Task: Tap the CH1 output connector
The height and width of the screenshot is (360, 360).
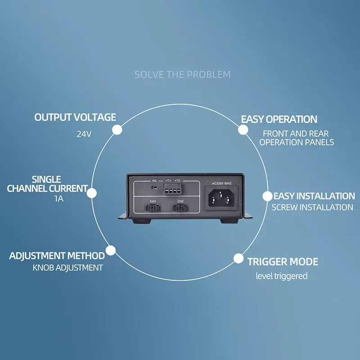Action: (x=153, y=208)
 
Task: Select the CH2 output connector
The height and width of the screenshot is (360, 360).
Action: (x=180, y=208)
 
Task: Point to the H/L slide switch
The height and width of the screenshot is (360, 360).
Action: (x=154, y=185)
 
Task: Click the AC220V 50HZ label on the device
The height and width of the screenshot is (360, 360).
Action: (x=221, y=183)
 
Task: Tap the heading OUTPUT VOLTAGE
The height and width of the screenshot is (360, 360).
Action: (x=75, y=117)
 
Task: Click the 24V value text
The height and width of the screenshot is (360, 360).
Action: (x=84, y=134)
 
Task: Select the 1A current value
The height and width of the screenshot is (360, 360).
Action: (x=58, y=198)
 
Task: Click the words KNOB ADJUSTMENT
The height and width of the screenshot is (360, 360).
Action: (x=67, y=268)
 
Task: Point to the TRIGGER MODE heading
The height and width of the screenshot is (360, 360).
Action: (x=283, y=261)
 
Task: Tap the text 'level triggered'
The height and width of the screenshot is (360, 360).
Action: (x=282, y=276)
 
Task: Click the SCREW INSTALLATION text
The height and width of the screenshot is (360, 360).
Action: (x=312, y=207)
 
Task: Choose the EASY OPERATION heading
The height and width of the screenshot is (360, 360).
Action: (x=279, y=119)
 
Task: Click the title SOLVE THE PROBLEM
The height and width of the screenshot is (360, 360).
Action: (x=182, y=74)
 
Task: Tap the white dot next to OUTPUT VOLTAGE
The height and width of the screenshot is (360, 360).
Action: (x=117, y=130)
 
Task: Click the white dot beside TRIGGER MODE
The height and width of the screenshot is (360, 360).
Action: (x=238, y=259)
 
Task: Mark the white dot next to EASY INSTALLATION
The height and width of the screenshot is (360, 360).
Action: (x=268, y=196)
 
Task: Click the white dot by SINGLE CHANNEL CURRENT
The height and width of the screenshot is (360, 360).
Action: (x=92, y=193)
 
